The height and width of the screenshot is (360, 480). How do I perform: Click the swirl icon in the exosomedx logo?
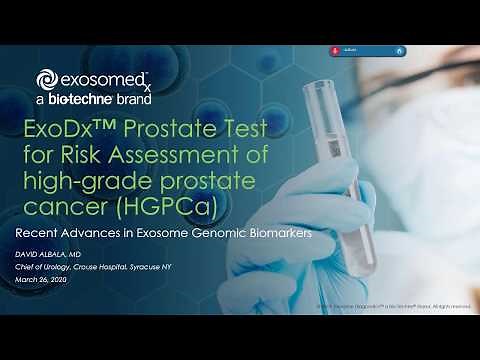point(46,80)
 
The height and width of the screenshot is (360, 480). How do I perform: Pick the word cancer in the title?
point(72,207)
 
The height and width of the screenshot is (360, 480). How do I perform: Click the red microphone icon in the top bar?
point(334,50)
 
